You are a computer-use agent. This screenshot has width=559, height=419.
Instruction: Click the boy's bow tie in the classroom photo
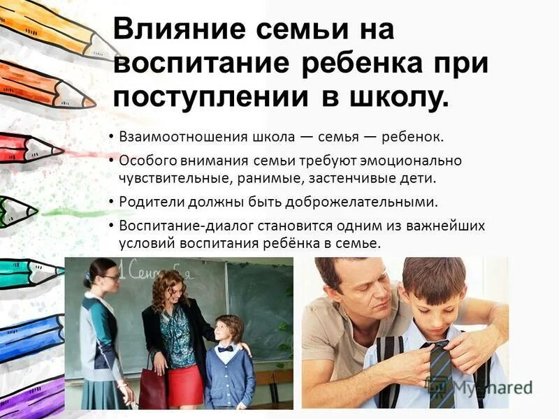[x=225, y=348]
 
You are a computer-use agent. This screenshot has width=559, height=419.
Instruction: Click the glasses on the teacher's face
[x=110, y=277]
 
